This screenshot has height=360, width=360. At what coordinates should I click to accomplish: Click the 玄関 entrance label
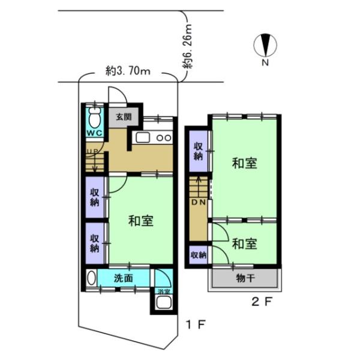pos(124,117)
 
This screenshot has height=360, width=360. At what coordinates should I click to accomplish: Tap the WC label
pos(94,133)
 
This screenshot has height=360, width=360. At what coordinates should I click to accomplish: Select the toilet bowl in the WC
pos(94,118)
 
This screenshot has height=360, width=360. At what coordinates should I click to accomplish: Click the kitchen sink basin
pos(143,138)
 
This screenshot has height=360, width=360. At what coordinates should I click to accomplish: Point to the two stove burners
pos(164,138)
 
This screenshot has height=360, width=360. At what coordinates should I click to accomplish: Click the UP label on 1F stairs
pos(92,151)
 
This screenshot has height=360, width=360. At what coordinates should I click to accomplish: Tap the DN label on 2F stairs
pos(199,202)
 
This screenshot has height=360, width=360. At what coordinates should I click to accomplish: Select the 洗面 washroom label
pos(124,278)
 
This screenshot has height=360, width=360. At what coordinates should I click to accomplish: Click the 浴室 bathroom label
pos(164,292)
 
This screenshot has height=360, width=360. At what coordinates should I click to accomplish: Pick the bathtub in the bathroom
pos(164,302)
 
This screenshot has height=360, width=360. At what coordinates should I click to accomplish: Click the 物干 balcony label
pos(245,278)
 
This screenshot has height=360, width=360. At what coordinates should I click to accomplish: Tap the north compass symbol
pos(265,46)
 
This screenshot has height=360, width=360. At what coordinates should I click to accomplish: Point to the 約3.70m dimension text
pos(128,71)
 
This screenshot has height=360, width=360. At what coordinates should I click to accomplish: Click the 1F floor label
pos(196,325)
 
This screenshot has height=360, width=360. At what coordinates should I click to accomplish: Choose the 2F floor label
pos(262,301)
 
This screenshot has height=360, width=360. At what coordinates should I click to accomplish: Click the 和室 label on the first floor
pos(141,221)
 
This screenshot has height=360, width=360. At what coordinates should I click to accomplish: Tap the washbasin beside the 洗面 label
pos(92,278)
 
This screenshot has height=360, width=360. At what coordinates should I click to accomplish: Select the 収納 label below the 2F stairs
pos(199,255)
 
